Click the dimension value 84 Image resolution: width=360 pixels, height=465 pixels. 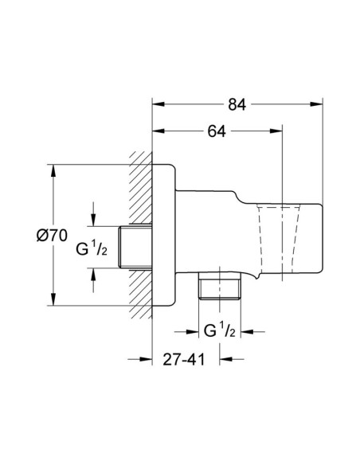pyautogui.click(x=237, y=104)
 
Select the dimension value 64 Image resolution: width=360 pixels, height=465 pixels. pyautogui.click(x=217, y=131)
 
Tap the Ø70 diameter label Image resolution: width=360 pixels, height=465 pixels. pyautogui.click(x=52, y=236)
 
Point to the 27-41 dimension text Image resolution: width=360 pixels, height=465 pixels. pyautogui.click(x=184, y=360)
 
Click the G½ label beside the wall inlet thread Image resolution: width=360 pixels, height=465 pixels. pyautogui.click(x=92, y=248)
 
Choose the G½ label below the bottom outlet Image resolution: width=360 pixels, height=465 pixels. pyautogui.click(x=220, y=330)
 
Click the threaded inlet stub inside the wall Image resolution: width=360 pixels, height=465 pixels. pyautogui.click(x=135, y=248)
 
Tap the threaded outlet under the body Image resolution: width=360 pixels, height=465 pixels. pyautogui.click(x=220, y=286)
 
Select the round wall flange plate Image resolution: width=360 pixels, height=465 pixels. pyautogui.click(x=164, y=235)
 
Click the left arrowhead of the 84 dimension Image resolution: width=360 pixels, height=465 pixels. pyautogui.click(x=158, y=104)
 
